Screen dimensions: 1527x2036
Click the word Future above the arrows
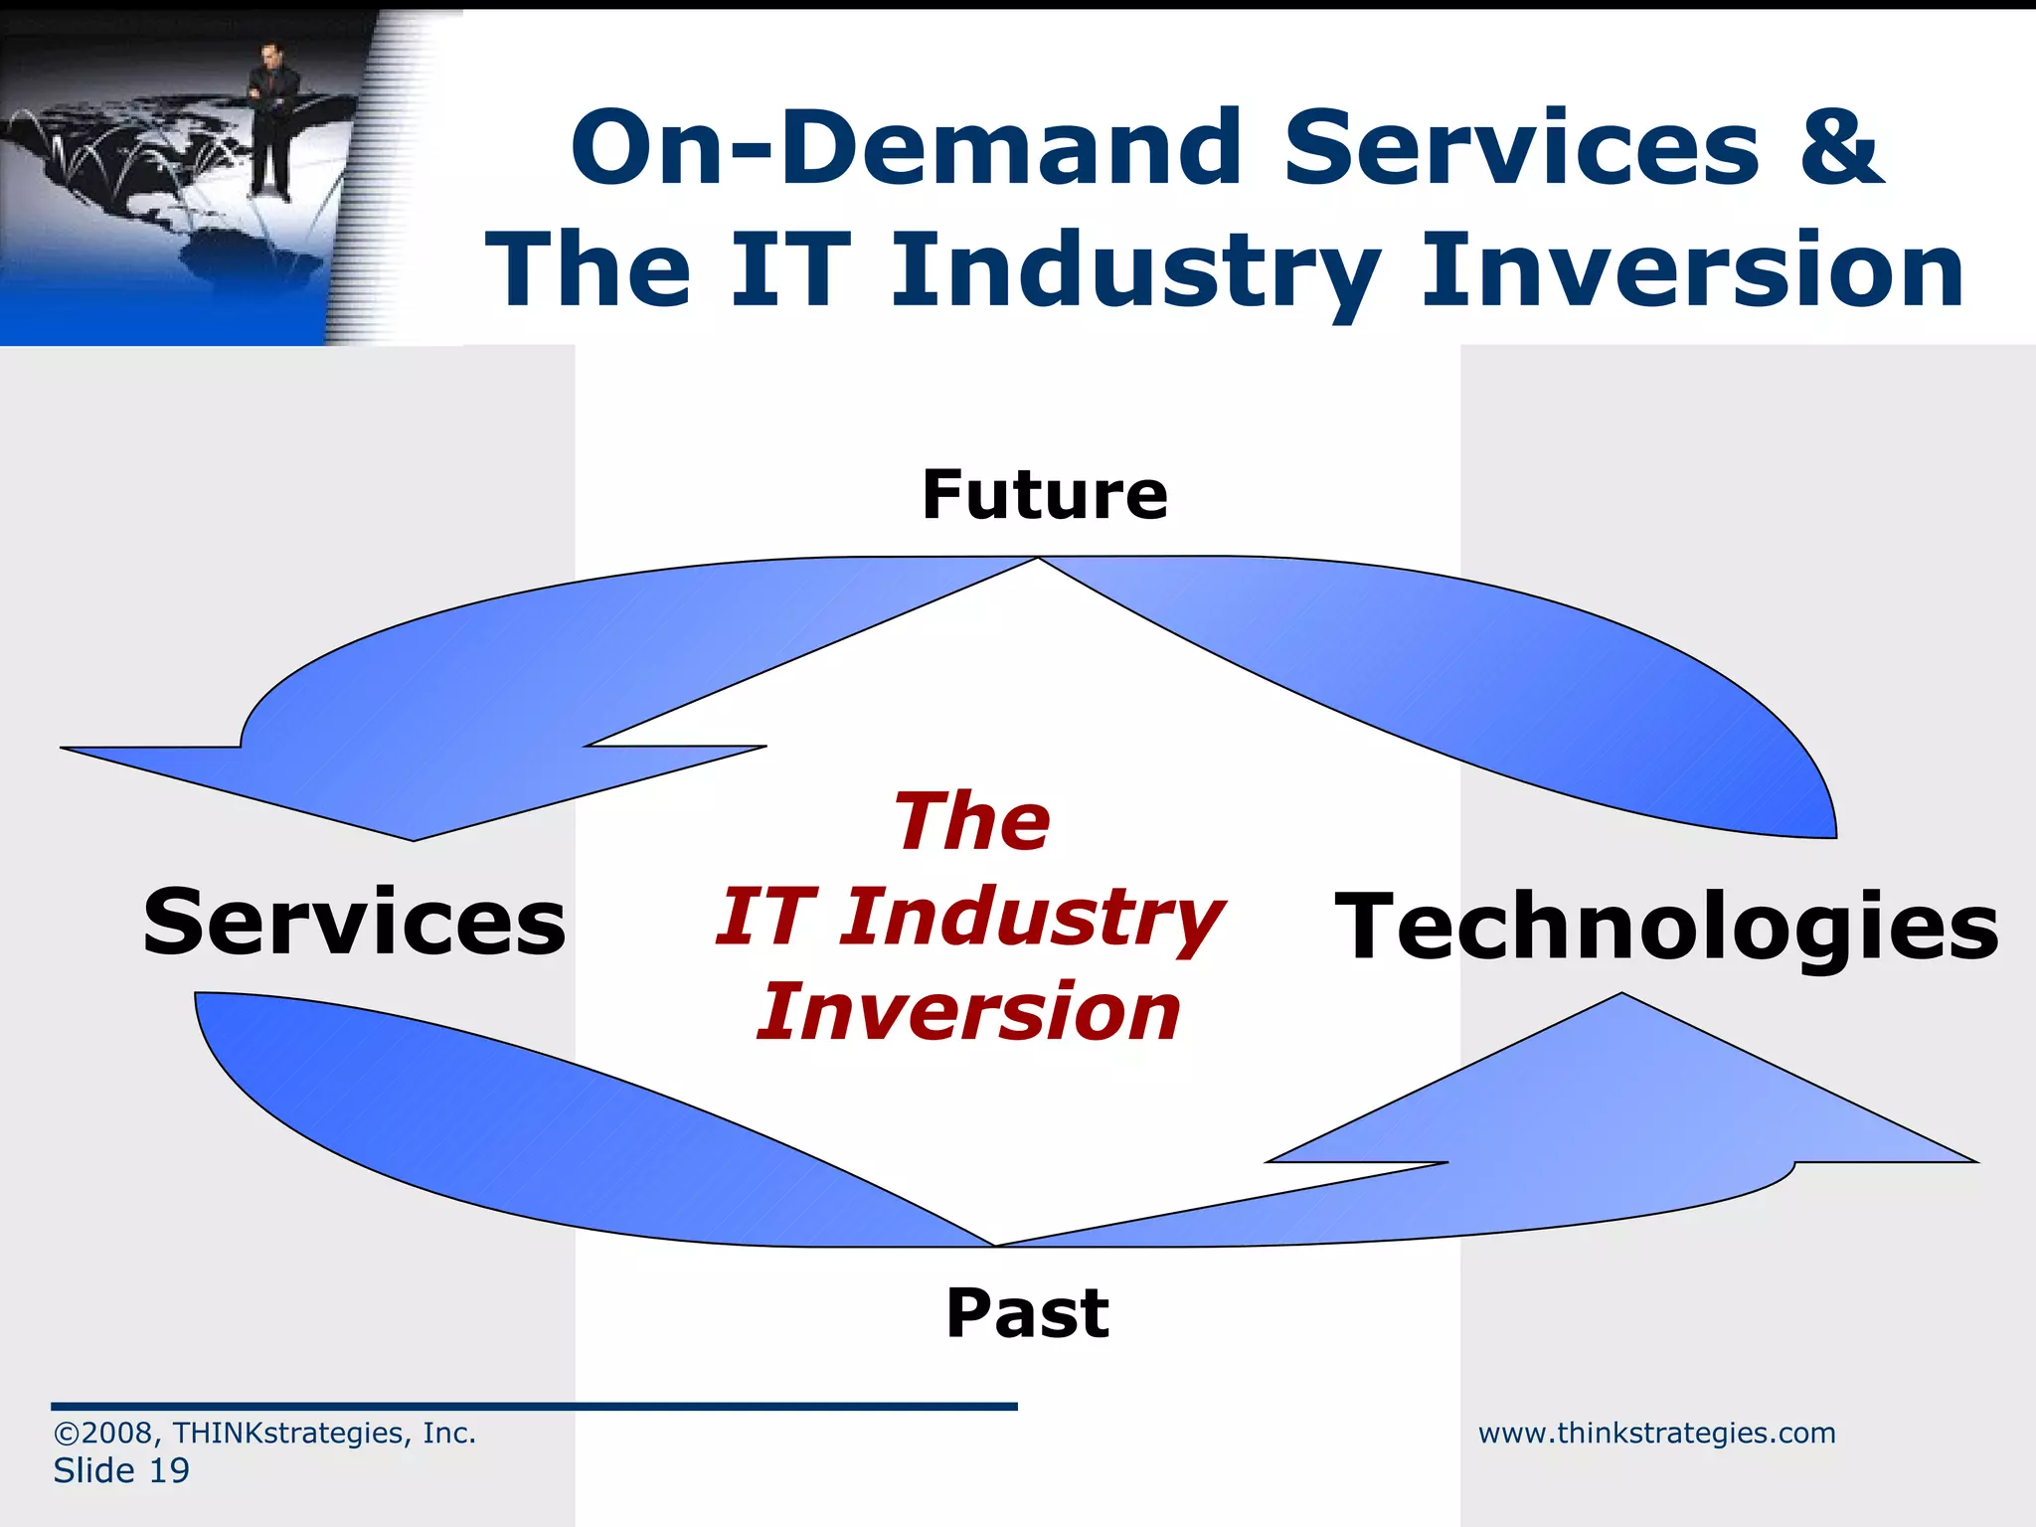click(x=1044, y=495)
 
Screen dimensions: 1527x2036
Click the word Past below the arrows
click(x=1027, y=1313)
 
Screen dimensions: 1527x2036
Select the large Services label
click(x=355, y=923)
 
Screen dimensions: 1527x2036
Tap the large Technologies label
click(x=1666, y=927)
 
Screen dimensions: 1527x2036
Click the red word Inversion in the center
click(x=968, y=1012)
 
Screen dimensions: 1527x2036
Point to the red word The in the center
click(x=971, y=821)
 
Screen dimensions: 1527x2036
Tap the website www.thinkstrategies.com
click(x=1656, y=1433)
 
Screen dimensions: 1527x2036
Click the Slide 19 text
click(x=121, y=1470)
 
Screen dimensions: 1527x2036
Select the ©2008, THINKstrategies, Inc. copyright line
click(x=264, y=1433)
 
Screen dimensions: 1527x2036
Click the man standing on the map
click(x=269, y=119)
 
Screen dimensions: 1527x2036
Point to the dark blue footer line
click(x=534, y=1406)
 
